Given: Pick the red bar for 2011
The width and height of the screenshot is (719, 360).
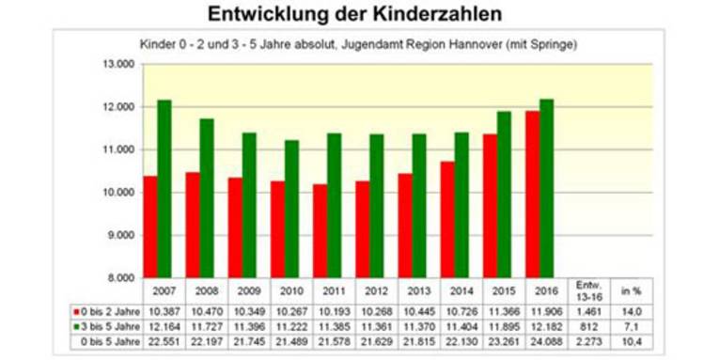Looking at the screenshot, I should [320, 230].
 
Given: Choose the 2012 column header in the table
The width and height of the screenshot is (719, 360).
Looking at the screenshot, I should [376, 290].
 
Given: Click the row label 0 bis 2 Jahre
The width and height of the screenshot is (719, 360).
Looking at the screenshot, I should [105, 309].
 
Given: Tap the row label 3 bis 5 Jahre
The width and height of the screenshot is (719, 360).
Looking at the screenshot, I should [105, 324].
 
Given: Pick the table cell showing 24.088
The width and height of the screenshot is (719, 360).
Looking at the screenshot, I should [545, 339].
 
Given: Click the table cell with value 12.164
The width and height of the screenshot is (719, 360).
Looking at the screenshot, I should [164, 324].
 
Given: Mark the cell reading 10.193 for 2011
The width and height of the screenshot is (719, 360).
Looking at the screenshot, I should [334, 309].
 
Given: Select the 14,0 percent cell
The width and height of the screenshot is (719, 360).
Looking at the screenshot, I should [632, 309].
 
